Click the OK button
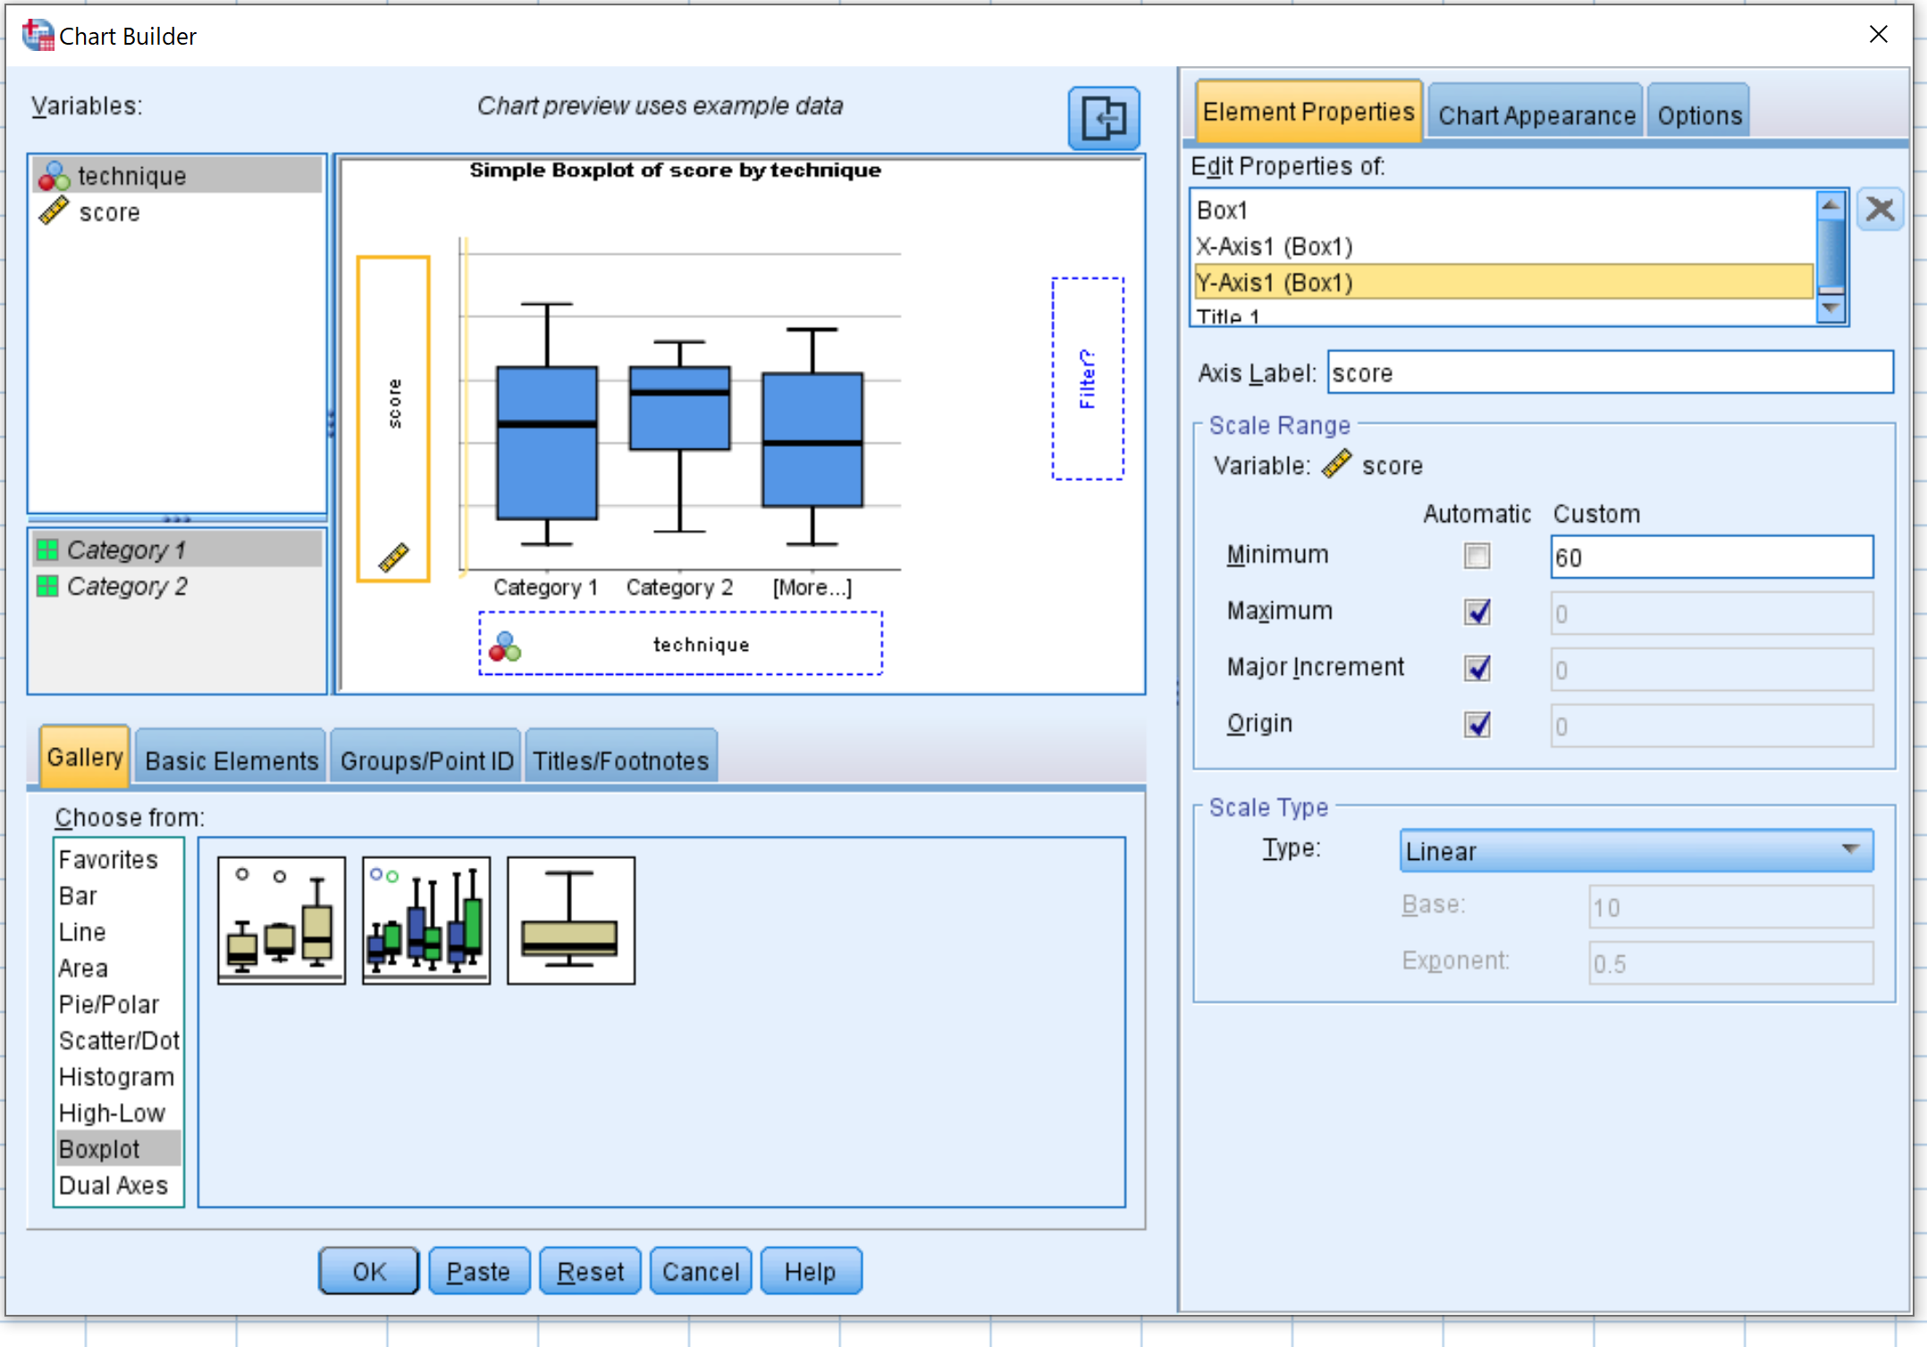tap(368, 1270)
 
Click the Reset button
tap(590, 1270)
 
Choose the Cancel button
tap(701, 1270)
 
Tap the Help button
tap(811, 1270)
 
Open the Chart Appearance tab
tap(1536, 114)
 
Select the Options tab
tap(1699, 114)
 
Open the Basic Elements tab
tap(231, 760)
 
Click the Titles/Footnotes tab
tap(621, 760)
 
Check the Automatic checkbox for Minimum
tap(1477, 556)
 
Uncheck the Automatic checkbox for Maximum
tap(1477, 612)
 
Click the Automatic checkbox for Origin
tap(1477, 724)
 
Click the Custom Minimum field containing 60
tap(1712, 557)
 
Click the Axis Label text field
tap(1610, 372)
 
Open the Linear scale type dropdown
tap(1636, 850)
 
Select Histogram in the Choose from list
tap(116, 1076)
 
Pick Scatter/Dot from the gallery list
tap(119, 1040)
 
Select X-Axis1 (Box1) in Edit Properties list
tap(1275, 246)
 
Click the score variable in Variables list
tap(109, 213)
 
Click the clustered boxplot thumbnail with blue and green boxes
tap(426, 920)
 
